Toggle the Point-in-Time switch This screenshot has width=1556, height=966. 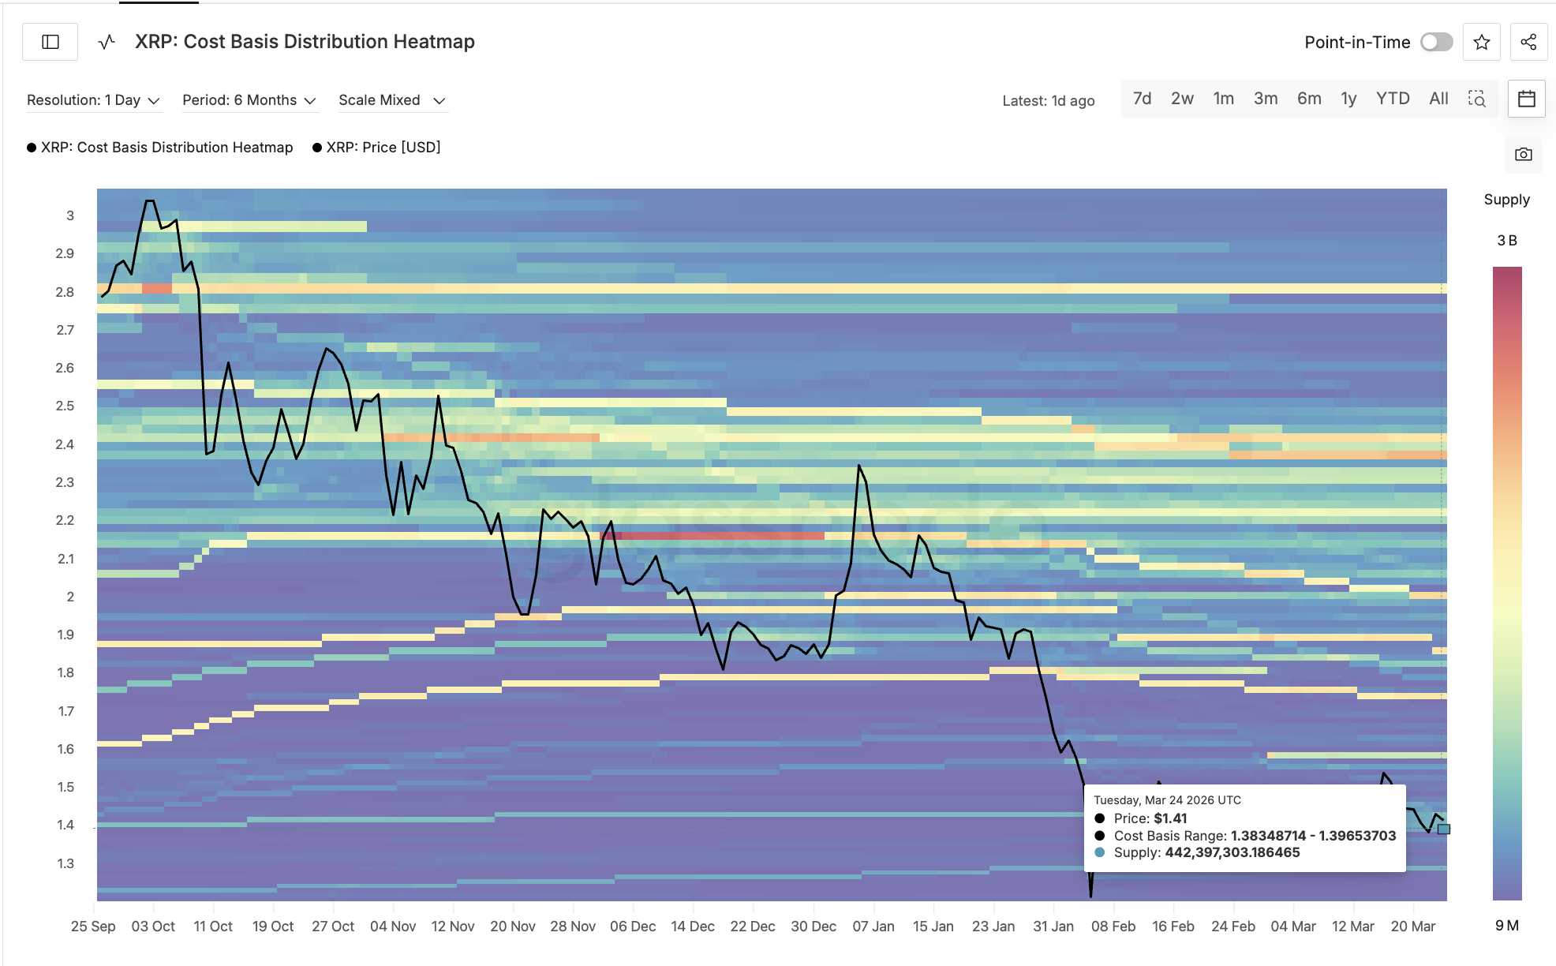point(1436,42)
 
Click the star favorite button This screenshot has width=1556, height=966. point(1481,42)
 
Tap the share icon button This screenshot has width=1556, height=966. point(1528,42)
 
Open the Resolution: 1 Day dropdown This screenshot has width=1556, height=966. point(93,100)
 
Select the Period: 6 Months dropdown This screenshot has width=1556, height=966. point(249,100)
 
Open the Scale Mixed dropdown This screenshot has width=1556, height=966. point(391,100)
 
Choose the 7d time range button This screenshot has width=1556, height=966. point(1142,99)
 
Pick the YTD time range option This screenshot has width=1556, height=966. point(1392,99)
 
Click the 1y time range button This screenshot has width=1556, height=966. point(1348,99)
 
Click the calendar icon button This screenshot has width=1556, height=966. point(1526,99)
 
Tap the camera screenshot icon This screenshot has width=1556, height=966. point(1523,154)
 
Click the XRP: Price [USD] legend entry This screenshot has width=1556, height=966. point(383,148)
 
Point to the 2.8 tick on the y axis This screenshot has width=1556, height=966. point(65,292)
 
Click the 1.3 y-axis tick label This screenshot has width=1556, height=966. point(65,863)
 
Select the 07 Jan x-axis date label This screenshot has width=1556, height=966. point(873,927)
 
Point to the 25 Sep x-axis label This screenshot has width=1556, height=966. point(93,927)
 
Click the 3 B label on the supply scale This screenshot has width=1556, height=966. point(1506,241)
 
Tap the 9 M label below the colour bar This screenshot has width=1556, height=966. point(1506,926)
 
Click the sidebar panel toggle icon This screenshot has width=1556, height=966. point(50,42)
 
